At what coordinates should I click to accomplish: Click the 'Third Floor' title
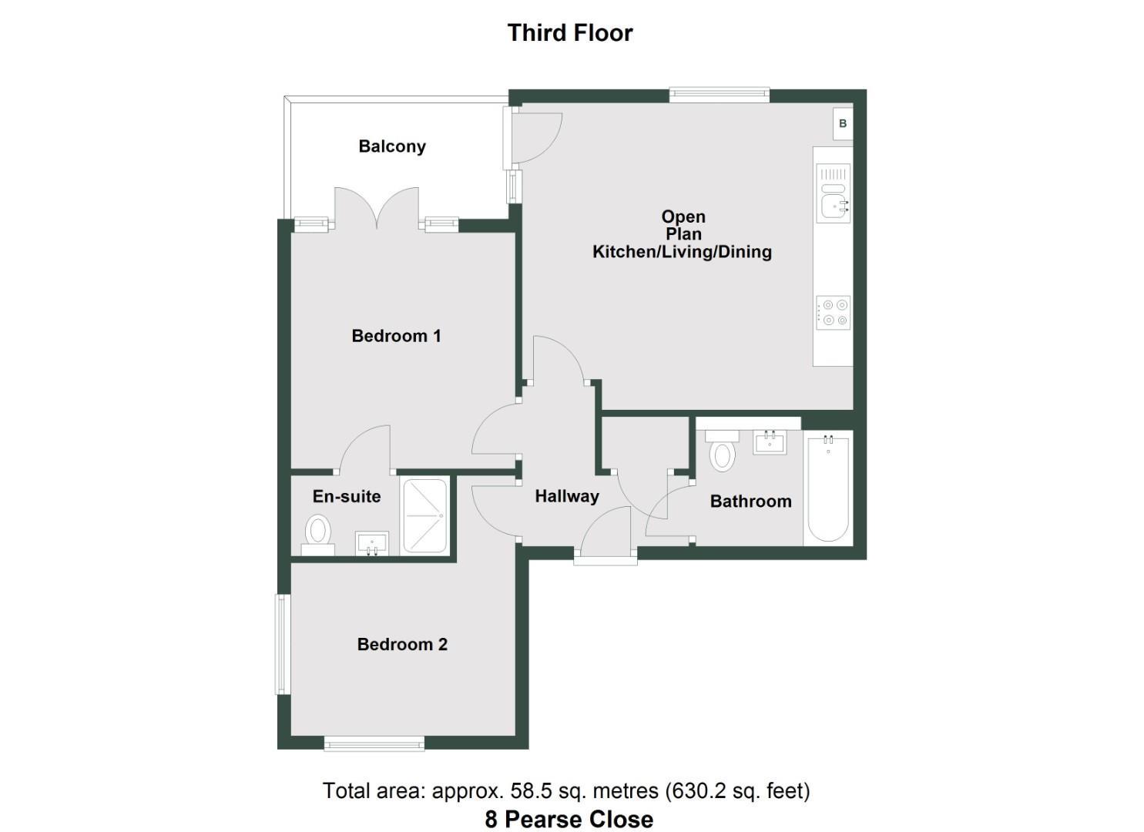(570, 33)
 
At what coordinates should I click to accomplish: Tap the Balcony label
(392, 146)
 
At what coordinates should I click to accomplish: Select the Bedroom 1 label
(396, 336)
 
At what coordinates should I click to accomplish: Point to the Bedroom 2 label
(402, 645)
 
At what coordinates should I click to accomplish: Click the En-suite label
(347, 497)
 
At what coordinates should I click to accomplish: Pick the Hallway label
(567, 497)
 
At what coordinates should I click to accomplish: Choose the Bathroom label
(750, 502)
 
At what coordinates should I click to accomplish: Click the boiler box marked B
(843, 124)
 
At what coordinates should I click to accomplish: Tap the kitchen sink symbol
(834, 205)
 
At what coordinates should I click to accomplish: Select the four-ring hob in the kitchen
(834, 312)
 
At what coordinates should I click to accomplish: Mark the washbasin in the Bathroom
(770, 443)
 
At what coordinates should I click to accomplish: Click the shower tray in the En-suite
(424, 515)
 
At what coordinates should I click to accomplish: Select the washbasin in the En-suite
(372, 543)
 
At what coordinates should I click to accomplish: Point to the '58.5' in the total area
(528, 791)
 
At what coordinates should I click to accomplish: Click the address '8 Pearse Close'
(569, 819)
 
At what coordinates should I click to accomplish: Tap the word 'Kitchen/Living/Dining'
(682, 252)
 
